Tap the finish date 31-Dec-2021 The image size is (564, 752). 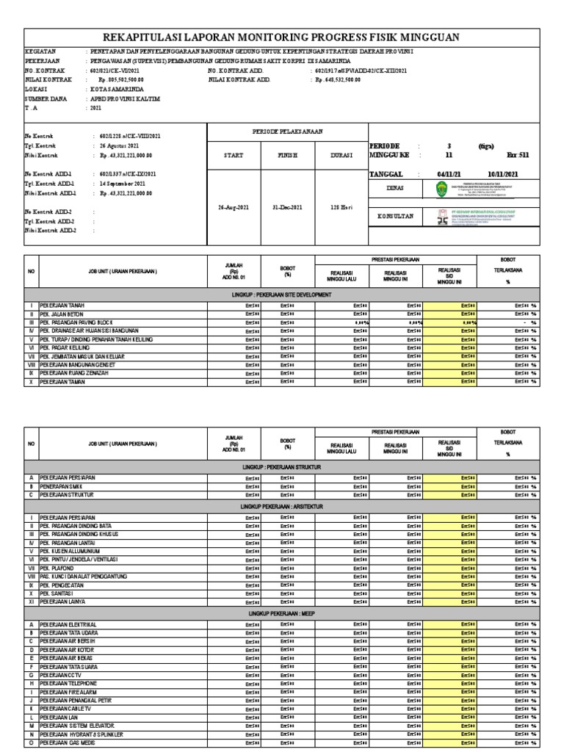point(287,208)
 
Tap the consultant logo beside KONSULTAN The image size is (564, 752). point(441,217)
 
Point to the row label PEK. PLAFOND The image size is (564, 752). point(61,568)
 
